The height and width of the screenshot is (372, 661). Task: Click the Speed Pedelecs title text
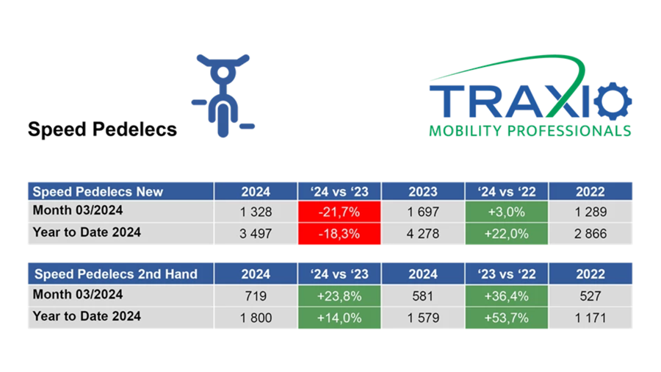102,129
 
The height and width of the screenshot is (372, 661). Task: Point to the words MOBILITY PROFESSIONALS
529,131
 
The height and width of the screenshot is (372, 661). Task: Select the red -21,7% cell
339,212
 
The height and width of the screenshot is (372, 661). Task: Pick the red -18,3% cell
339,234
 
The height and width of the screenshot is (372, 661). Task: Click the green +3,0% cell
507,212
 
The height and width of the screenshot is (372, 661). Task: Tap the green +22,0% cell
507,234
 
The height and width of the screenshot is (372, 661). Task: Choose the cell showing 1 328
256,212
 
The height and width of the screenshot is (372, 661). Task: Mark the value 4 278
423,234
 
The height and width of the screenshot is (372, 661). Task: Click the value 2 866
590,234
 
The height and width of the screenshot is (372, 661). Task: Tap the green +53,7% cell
507,317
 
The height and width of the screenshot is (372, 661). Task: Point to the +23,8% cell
339,295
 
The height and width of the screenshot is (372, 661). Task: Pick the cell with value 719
256,295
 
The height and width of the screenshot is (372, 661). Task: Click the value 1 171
590,317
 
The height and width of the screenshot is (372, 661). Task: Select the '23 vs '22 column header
507,274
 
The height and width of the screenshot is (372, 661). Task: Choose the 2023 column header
423,191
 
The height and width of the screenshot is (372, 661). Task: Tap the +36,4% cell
507,295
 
